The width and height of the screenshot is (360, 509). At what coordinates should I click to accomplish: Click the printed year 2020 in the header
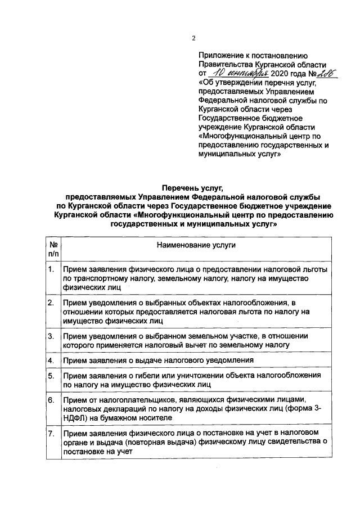[x=280, y=74]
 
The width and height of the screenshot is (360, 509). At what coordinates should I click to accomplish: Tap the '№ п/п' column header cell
[x=51, y=250]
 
